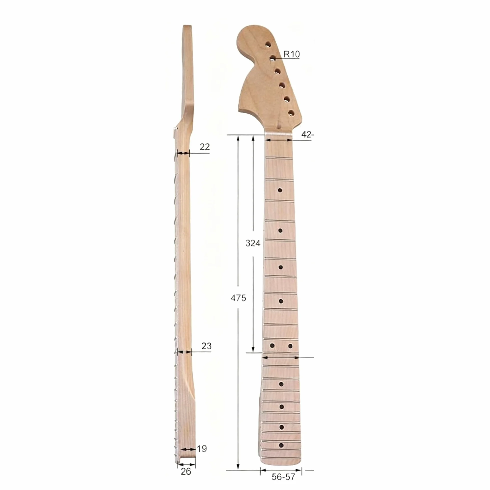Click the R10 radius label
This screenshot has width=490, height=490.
[x=292, y=54]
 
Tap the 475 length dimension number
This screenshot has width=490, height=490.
[x=238, y=298]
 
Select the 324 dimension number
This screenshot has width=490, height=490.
[x=253, y=243]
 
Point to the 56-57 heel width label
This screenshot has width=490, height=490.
[x=283, y=477]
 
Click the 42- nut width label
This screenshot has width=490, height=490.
[x=308, y=135]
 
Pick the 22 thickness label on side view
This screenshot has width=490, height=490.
[x=205, y=147]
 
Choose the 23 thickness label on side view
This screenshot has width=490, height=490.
[x=206, y=346]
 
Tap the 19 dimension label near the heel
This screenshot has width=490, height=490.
[x=202, y=449]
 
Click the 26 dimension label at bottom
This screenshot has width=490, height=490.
[x=186, y=472]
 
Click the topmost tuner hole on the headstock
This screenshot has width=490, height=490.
[x=268, y=45]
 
